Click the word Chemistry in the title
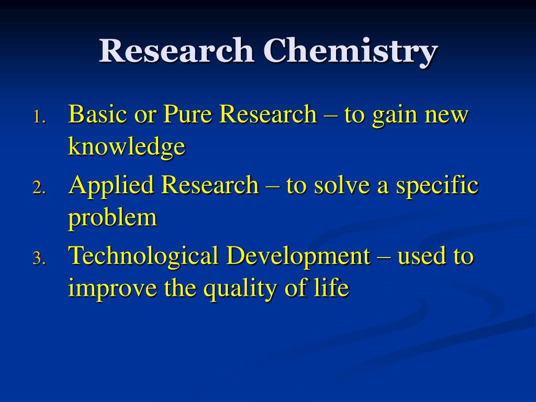tap(351, 52)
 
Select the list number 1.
tap(39, 117)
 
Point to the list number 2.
tap(39, 188)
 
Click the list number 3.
tap(39, 259)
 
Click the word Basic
tap(97, 114)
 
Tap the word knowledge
tap(127, 147)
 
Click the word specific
tap(437, 185)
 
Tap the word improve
tap(113, 288)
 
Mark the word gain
tap(395, 116)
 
